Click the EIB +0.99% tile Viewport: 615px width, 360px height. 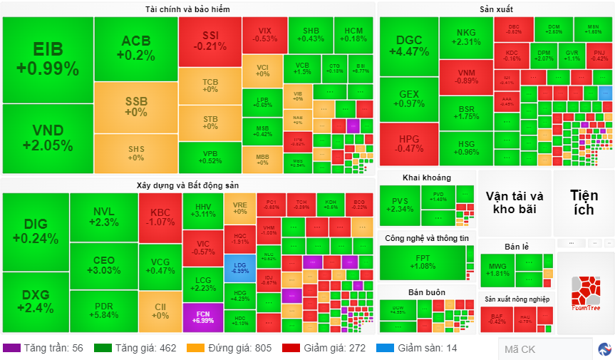click(47, 59)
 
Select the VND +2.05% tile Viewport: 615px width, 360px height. click(47, 138)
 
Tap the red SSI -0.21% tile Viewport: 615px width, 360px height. click(210, 41)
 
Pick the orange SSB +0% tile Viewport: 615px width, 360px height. click(135, 106)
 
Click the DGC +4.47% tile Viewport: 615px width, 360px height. click(408, 46)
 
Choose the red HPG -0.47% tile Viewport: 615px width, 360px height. click(408, 143)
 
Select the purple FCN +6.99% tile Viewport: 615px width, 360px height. click(203, 316)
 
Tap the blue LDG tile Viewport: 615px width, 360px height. click(240, 267)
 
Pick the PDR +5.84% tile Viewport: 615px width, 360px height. click(103, 310)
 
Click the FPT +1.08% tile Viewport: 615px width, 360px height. click(422, 262)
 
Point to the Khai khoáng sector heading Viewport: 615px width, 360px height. click(426, 178)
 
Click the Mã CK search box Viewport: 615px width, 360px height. click(545, 349)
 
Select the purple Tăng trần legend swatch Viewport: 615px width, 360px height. click(11, 348)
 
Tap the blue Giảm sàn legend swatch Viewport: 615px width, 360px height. click(385, 348)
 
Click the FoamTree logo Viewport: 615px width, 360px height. click(586, 293)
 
